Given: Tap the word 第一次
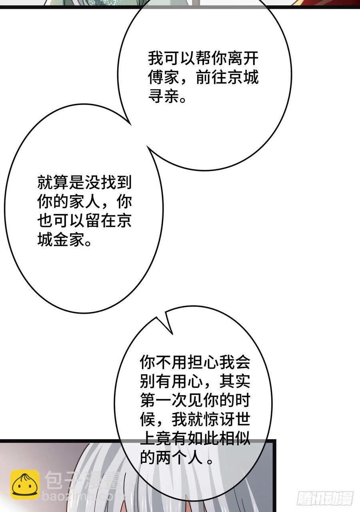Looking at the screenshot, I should coord(164,401).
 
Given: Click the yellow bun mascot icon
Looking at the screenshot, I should coord(25,484).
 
